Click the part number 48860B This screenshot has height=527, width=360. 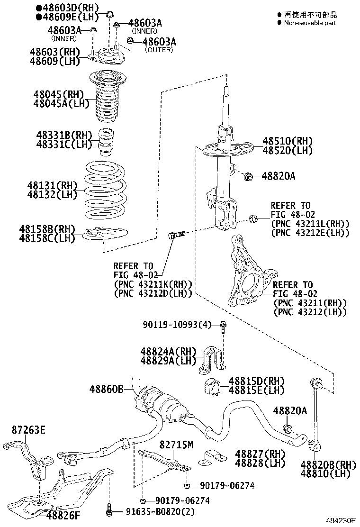(x=107, y=389)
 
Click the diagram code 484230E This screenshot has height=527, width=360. (x=340, y=520)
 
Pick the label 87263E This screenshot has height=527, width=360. (x=28, y=430)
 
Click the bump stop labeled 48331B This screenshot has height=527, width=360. (x=107, y=142)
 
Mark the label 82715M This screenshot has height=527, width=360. (x=176, y=444)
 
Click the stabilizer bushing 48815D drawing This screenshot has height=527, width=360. (x=213, y=387)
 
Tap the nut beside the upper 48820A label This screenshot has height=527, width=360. (x=248, y=177)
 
